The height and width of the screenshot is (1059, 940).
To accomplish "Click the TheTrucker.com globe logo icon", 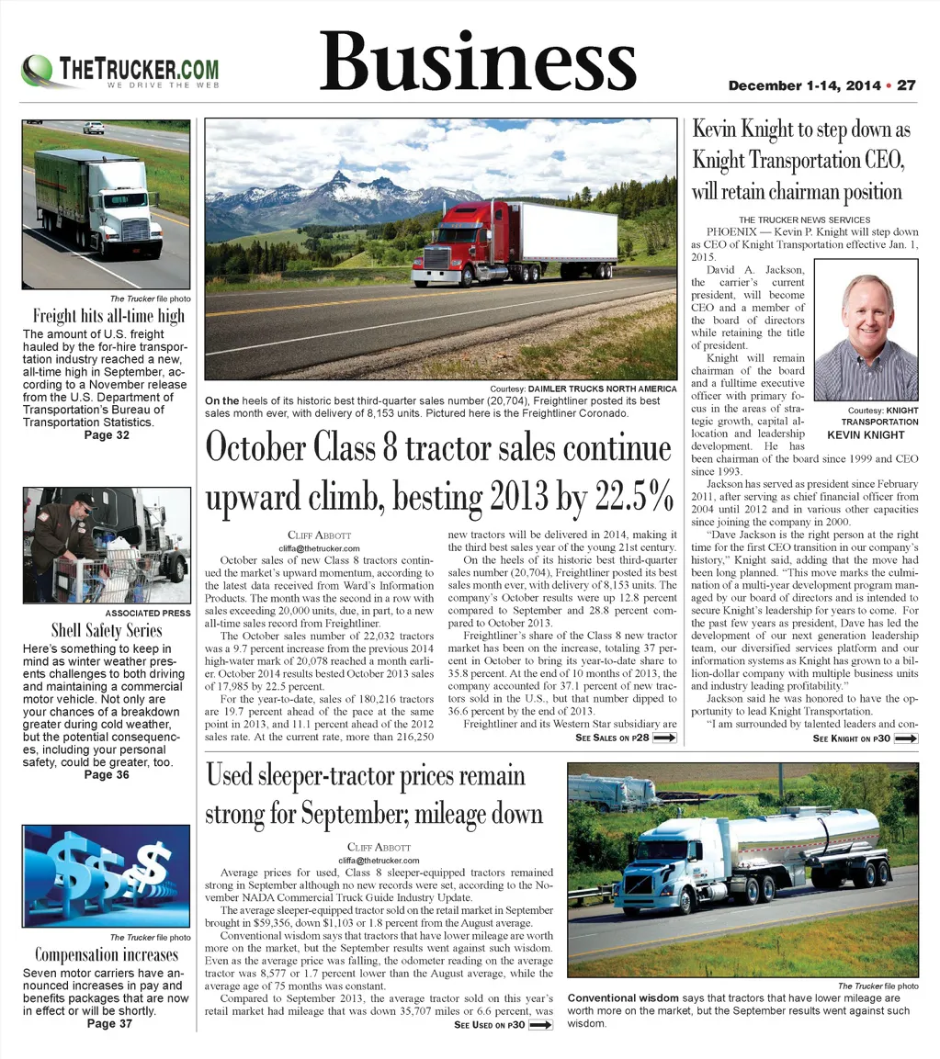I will tap(38, 70).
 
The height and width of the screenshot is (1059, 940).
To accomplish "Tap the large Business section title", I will tap(477, 62).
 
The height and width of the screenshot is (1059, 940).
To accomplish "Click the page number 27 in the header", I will tap(906, 85).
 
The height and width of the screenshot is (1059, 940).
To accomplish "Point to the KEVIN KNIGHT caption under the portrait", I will tap(866, 434).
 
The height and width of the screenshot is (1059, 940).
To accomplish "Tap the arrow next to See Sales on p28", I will tap(664, 738).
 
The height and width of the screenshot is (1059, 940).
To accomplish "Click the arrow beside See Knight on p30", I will tap(906, 738).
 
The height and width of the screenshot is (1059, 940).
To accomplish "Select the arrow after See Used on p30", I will tap(541, 1025).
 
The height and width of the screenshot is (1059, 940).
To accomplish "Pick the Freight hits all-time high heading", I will tap(108, 316).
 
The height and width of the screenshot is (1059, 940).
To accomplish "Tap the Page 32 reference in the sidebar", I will tap(107, 434).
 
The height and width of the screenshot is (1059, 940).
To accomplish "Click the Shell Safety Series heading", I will tap(107, 630).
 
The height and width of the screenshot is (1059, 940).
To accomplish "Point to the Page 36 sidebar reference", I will tap(107, 774).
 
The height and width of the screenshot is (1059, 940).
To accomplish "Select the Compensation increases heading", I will tap(107, 954).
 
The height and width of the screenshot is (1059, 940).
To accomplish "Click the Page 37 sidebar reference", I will tap(107, 1024).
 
